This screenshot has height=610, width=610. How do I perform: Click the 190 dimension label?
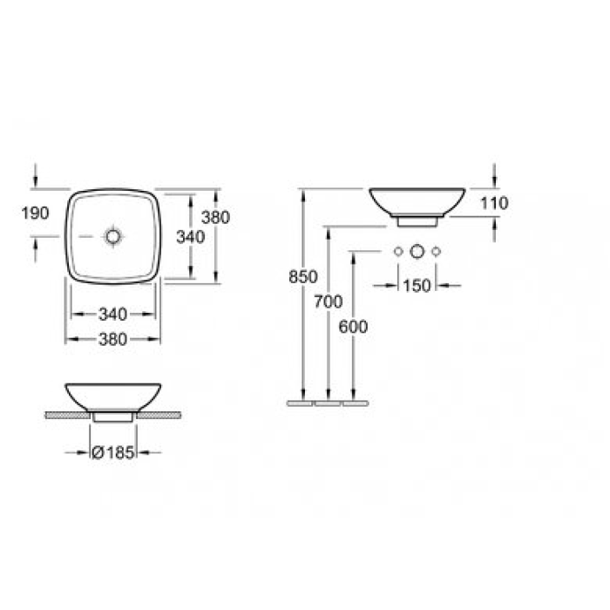(35, 213)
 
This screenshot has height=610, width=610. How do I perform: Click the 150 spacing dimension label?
(417, 285)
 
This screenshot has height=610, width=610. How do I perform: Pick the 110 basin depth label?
(494, 203)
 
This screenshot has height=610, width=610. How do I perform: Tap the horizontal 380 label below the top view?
(114, 340)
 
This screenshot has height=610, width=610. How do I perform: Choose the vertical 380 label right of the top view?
(214, 218)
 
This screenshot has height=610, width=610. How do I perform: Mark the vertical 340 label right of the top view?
(189, 236)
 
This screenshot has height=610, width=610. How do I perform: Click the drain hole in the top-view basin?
(113, 236)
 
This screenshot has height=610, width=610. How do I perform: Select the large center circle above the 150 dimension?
(417, 252)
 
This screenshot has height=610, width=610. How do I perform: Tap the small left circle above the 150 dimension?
(397, 252)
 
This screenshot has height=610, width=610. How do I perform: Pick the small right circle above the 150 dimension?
(437, 252)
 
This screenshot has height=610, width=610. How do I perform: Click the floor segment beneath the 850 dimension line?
(302, 404)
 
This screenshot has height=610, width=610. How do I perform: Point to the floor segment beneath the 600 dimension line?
(353, 404)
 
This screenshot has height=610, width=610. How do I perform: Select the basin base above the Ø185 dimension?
(113, 417)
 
